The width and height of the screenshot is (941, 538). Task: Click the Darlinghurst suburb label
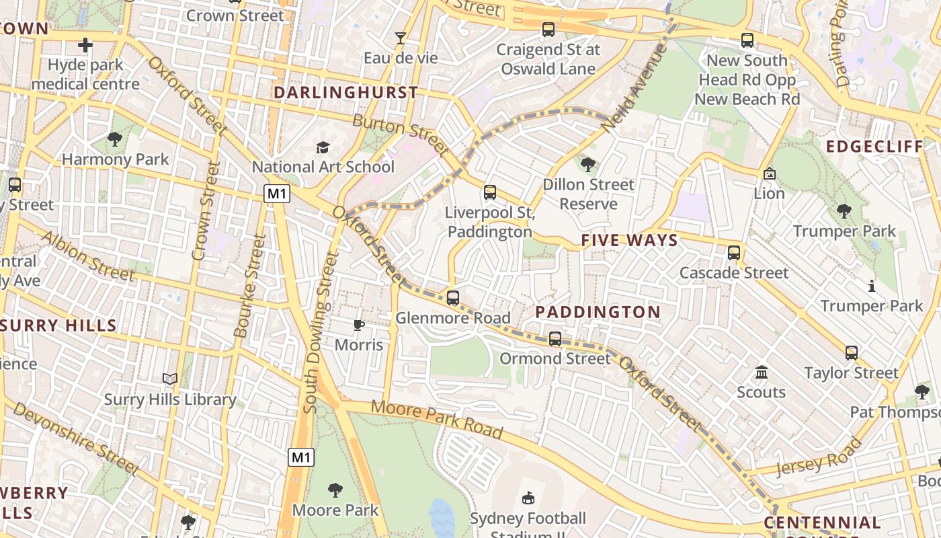346,93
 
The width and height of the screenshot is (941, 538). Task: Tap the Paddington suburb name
598,312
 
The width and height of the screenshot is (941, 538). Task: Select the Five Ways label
629,241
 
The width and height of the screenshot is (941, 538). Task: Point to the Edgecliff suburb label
874,147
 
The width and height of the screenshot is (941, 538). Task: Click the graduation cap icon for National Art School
323,147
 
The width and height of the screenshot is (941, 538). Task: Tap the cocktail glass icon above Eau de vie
401,38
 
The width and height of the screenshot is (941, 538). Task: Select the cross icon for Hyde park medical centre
85,46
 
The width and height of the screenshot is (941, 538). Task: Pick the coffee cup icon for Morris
359,325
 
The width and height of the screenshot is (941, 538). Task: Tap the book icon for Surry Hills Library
170,379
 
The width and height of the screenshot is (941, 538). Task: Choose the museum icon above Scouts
762,372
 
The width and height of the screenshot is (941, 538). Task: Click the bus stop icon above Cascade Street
734,253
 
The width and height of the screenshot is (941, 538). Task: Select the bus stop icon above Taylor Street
852,353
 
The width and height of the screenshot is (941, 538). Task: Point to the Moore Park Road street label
437,418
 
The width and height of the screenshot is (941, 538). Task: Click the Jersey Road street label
818,457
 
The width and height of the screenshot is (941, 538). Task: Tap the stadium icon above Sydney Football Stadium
528,498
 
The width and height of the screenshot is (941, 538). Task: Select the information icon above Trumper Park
872,286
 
